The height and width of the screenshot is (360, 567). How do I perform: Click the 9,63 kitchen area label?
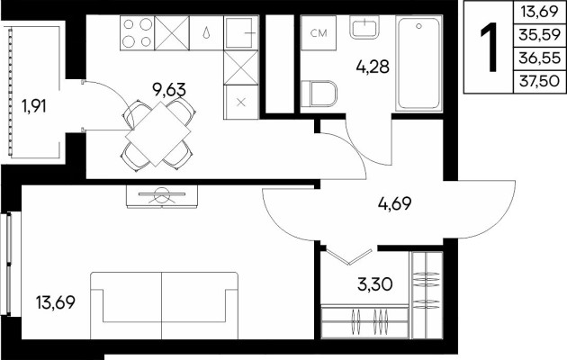(169, 90)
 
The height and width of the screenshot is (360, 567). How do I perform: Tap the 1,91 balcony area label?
(34, 106)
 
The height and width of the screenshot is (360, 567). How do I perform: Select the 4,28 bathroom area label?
(373, 67)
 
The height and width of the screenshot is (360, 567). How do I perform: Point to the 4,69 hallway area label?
(394, 203)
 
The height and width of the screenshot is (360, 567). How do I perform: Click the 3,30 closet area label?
(375, 284)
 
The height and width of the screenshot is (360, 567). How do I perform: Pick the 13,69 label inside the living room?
(56, 302)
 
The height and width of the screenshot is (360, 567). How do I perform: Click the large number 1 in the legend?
(489, 47)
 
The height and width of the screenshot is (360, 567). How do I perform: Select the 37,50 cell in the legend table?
(539, 81)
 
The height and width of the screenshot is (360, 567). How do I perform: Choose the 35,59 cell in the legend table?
(539, 35)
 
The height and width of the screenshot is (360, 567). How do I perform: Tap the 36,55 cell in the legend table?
(539, 58)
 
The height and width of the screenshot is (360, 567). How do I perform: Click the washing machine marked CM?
(319, 33)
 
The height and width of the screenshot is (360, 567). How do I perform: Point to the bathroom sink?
(364, 28)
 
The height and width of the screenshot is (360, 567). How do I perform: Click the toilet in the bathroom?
(319, 94)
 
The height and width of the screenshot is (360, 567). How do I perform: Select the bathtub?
(419, 63)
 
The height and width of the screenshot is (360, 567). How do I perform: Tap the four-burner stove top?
(138, 33)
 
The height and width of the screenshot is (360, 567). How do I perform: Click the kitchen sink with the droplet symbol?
(206, 33)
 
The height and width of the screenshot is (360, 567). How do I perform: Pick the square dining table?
(158, 134)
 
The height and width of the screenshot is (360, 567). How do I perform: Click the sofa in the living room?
(164, 306)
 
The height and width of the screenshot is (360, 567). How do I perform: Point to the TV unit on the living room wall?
(162, 196)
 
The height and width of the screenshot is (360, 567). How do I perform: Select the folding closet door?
(349, 256)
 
